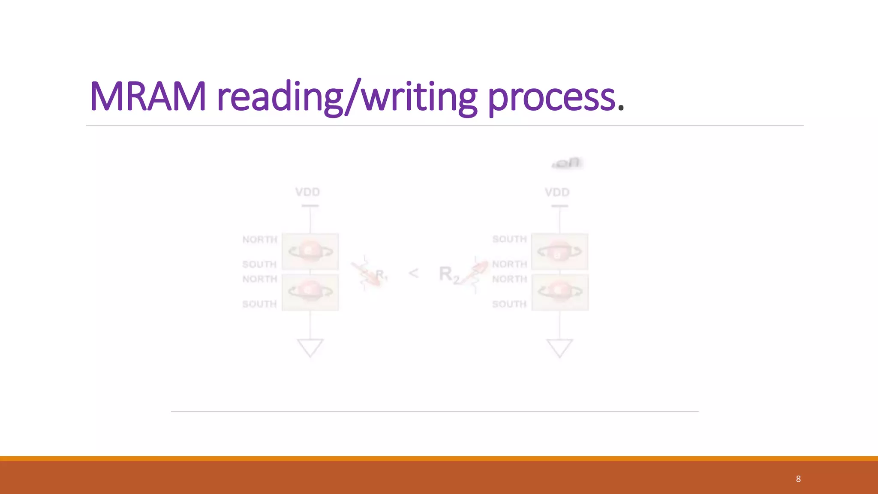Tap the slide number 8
pos(798,479)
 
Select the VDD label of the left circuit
pos(307,192)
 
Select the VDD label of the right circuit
pos(557,192)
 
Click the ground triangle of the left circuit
pos(310,347)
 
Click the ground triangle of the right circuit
pos(559,347)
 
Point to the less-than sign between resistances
pos(413,273)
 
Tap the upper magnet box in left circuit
pos(310,252)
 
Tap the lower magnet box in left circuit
pos(310,292)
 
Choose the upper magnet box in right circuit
pos(559,252)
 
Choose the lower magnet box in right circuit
pos(560,292)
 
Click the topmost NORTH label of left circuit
pos(260,239)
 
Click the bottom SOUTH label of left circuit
pos(259,304)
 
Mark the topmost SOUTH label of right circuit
pos(509,239)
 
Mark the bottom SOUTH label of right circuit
pos(509,304)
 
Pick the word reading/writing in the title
pos(347,98)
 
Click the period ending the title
pos(620,108)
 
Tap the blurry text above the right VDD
pos(567,163)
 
